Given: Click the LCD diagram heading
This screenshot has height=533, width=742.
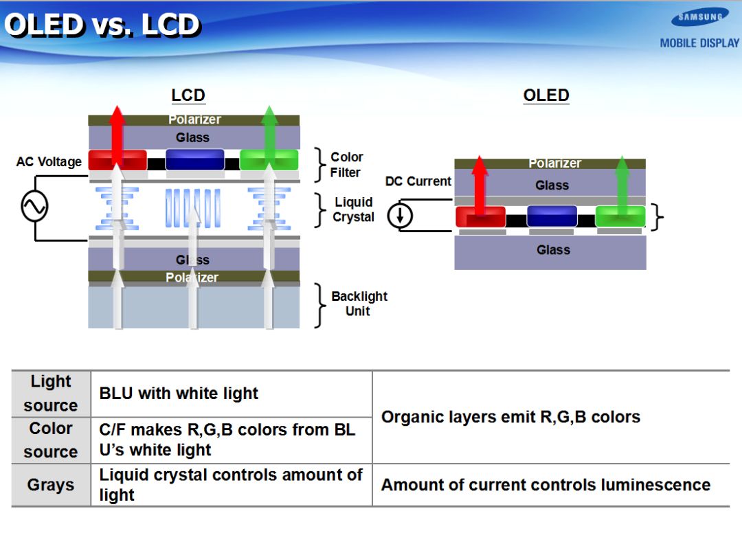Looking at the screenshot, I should pyautogui.click(x=188, y=95).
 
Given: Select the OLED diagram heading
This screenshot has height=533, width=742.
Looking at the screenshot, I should pyautogui.click(x=546, y=95).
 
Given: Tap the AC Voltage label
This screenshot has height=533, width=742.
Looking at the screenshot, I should pyautogui.click(x=49, y=162).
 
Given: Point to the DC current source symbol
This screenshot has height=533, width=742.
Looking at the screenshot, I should pyautogui.click(x=400, y=216).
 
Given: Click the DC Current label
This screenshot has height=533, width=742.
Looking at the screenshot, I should pyautogui.click(x=418, y=181).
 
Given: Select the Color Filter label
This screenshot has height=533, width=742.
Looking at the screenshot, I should pyautogui.click(x=346, y=165).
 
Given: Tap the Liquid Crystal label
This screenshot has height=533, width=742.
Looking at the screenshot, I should pyautogui.click(x=353, y=209).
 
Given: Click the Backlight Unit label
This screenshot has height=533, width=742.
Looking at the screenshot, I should pyautogui.click(x=359, y=304).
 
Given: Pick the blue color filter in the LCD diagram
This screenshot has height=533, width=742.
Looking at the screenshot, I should pyautogui.click(x=195, y=160).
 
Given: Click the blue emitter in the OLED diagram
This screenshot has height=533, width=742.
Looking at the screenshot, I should pyautogui.click(x=552, y=216).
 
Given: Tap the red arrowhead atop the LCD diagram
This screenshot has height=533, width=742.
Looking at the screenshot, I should pyautogui.click(x=117, y=115).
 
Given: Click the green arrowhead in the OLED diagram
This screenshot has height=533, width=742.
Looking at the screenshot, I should pyautogui.click(x=622, y=166).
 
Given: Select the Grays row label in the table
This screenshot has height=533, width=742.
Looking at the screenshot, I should pyautogui.click(x=51, y=485).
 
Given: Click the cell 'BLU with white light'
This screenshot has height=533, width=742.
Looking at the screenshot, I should pyautogui.click(x=179, y=394).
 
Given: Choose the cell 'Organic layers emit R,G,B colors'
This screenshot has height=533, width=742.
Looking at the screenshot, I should pyautogui.click(x=510, y=417).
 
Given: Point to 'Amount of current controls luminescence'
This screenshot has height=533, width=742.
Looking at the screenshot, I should pyautogui.click(x=546, y=485).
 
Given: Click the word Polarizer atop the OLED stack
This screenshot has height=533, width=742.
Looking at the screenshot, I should pyautogui.click(x=555, y=163).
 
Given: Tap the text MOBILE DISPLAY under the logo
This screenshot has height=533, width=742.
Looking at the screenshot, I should pyautogui.click(x=699, y=43).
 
